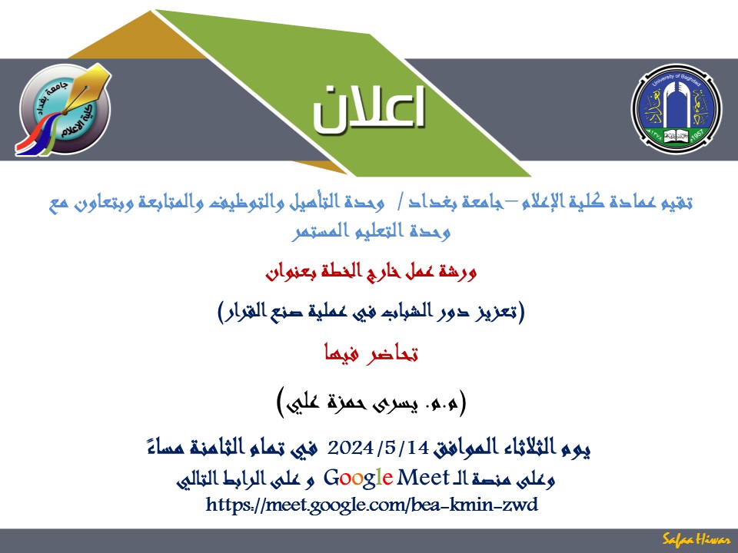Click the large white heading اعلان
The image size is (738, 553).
[369, 108]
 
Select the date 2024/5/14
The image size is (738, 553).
[378, 447]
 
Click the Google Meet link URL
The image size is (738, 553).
[372, 505]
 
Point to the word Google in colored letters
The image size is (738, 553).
[358, 478]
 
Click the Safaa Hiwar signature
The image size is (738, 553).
[696, 539]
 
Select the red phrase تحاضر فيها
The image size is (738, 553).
[371, 353]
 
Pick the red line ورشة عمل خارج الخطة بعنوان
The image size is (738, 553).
[371, 272]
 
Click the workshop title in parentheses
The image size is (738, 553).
[371, 311]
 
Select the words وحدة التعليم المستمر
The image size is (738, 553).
[371, 231]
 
